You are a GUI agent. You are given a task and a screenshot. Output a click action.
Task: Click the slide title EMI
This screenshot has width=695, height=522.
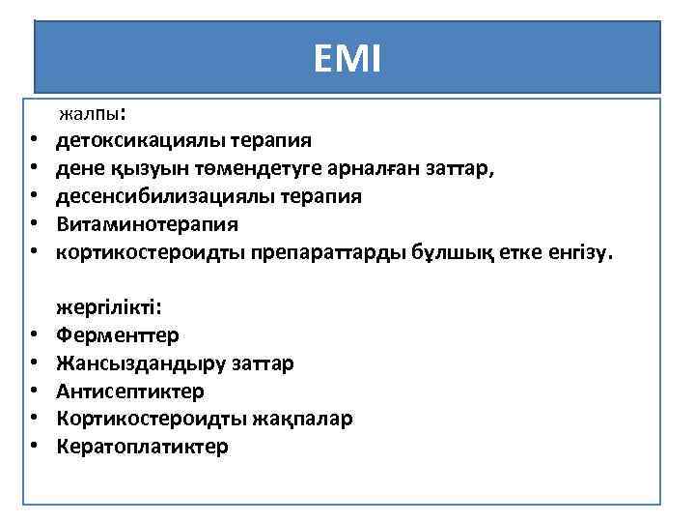(x=347, y=60)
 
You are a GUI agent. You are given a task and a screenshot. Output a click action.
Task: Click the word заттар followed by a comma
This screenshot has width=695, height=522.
(x=460, y=169)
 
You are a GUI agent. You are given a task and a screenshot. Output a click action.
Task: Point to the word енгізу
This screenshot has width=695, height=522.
(x=573, y=252)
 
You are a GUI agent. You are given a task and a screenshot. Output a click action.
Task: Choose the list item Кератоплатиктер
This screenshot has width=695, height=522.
(x=142, y=447)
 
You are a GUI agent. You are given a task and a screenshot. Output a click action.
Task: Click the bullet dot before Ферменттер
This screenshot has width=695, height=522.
(x=32, y=336)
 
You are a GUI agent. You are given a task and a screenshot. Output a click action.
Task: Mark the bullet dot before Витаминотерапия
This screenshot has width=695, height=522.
(x=32, y=225)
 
